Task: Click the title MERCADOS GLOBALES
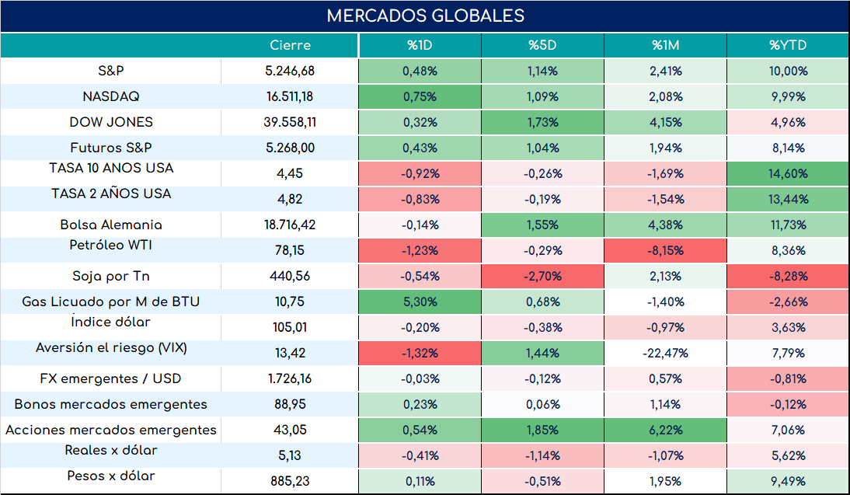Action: pos(426,16)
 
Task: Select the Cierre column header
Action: pos(290,45)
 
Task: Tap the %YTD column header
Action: pos(788,45)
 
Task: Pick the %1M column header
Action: pos(665,45)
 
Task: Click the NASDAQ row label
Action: pos(111,96)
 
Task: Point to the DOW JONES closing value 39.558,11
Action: pos(290,122)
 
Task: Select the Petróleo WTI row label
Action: pos(111,245)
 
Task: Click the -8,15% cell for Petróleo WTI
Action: pos(665,250)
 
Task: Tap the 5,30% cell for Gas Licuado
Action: pos(420,302)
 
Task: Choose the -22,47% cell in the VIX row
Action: pos(665,353)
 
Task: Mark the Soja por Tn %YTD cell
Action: pos(788,276)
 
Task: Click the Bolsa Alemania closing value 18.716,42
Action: pos(290,225)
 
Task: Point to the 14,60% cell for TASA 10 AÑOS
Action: pos(788,173)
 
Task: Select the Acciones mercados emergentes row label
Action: pos(111,430)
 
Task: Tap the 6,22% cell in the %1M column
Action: pos(665,430)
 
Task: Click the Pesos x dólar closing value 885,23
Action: pos(290,481)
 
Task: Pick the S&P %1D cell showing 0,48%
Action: pos(420,71)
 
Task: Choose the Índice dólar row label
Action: pos(111,322)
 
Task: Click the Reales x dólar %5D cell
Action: pos(542,455)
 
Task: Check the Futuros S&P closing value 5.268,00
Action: pos(290,148)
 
